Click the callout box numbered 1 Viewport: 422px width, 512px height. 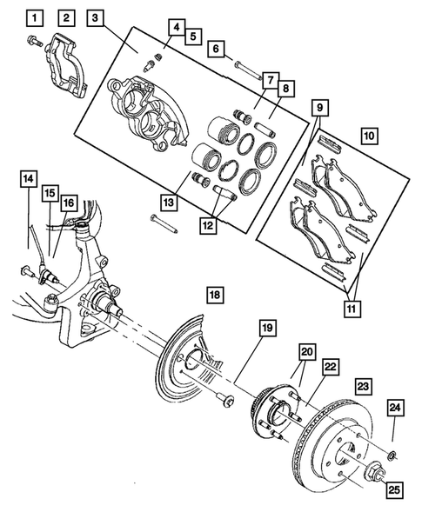(32, 17)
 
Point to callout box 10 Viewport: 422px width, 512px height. (369, 136)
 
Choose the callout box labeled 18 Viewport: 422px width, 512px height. (214, 296)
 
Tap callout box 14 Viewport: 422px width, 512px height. (30, 179)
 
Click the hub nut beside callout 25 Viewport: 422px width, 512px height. (376, 474)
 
